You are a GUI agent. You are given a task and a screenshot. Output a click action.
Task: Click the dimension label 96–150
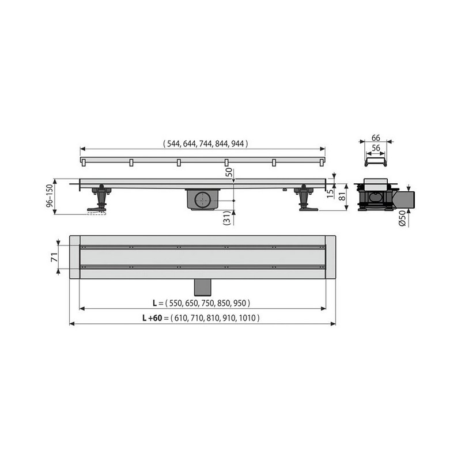pos(50,195)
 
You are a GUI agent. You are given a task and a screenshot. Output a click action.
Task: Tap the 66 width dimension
pos(376,138)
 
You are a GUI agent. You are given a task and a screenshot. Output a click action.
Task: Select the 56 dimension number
pos(376,148)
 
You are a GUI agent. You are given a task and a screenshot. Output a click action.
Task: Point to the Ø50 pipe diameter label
pos(402,218)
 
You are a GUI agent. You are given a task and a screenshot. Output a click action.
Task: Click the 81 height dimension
pos(342,197)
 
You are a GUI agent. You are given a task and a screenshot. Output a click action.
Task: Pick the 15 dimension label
pos(330,193)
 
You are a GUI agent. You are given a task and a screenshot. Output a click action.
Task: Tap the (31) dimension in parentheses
pos(226,218)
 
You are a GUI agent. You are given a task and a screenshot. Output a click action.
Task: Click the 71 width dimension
pos(54,257)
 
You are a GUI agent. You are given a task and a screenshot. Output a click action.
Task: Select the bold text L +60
pos(152,318)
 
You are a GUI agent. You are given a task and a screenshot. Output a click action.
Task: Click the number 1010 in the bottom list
pos(247,318)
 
